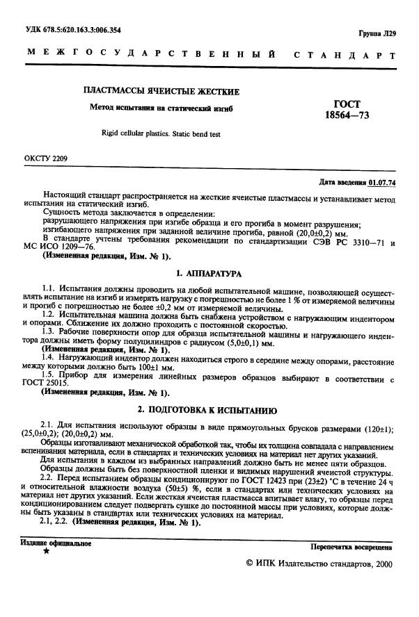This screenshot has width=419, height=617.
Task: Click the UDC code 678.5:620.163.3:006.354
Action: click(83, 30)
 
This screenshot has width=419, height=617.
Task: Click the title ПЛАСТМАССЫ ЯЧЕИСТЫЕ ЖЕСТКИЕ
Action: click(161, 91)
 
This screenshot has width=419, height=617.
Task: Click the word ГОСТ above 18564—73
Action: click(347, 104)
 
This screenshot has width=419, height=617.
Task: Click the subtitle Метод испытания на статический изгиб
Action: click(161, 108)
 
